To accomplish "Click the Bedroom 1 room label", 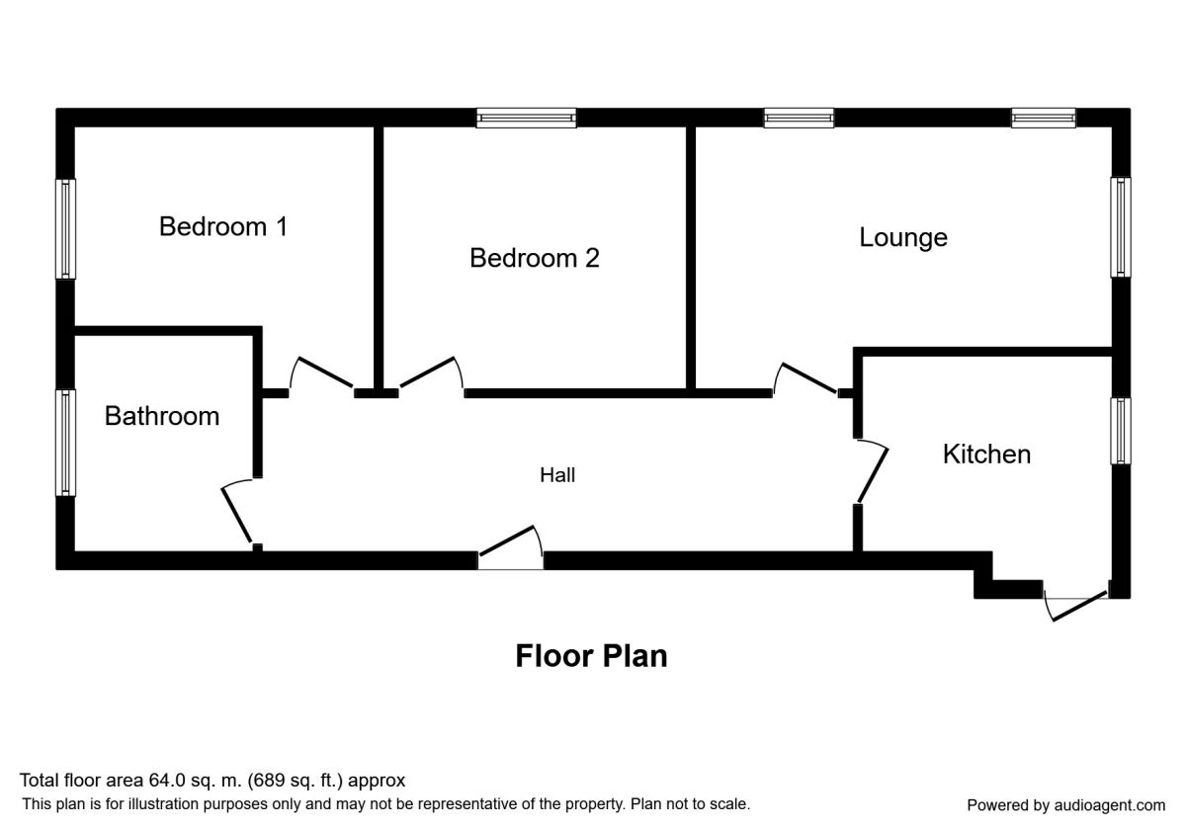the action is coord(223,226).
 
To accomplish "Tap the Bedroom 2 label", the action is coord(535,258).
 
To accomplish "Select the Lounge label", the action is coord(903,238).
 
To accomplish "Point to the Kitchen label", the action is coord(987,455).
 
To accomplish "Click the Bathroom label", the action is coord(162,416).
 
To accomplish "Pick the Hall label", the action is coord(557,475).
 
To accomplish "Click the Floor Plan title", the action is coord(591,656).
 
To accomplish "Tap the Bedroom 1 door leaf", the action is coord(325,373).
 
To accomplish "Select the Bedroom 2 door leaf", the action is coord(428,373).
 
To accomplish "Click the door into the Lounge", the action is coord(809,377).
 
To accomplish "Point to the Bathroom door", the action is coord(236,515).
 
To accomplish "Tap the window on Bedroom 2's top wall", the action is coord(526,118).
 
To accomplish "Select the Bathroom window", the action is coord(65,443).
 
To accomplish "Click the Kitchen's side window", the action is coord(1121,431).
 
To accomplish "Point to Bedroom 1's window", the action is coord(65,228).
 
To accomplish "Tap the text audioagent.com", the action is coord(1110,805).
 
